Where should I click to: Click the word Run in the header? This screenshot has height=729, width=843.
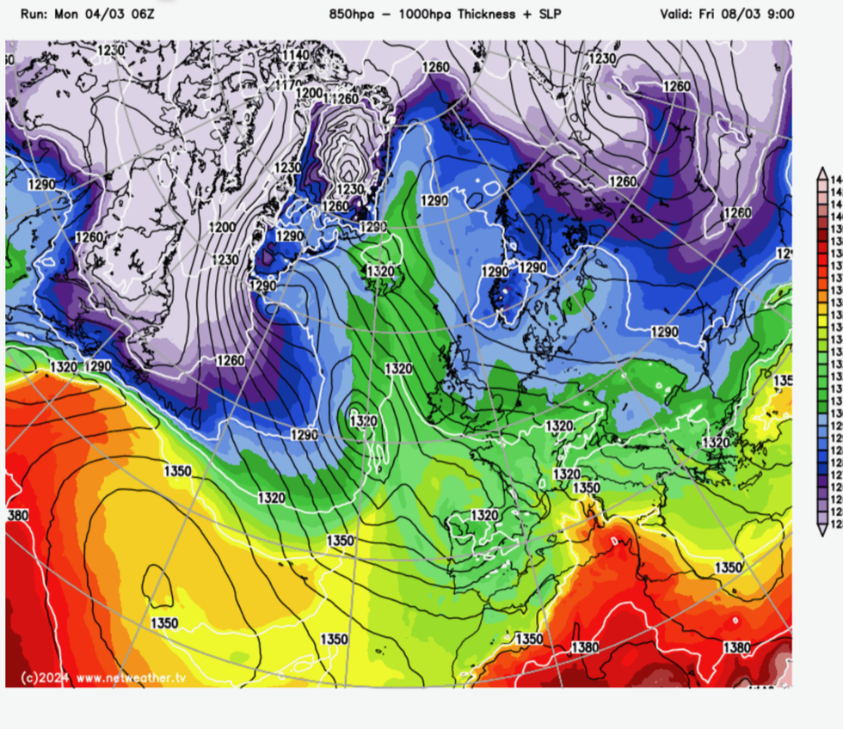pos(34,15)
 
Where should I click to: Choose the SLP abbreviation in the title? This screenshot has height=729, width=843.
pos(542,15)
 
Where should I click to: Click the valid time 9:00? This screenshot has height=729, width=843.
pos(779,15)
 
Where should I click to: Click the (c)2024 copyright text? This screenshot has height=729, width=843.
pos(41,677)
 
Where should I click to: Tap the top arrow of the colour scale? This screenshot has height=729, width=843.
pos(822,174)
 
